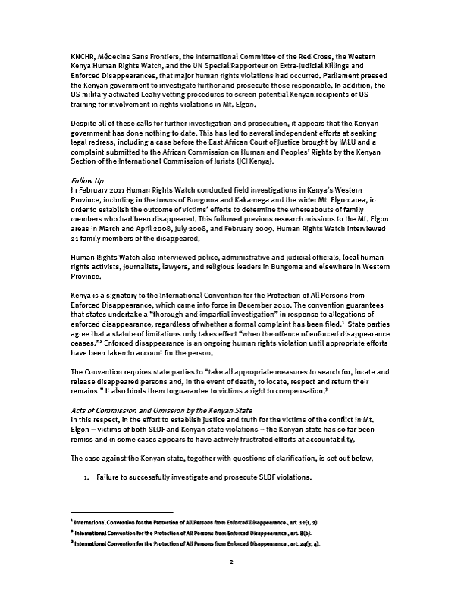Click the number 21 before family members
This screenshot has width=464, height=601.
pos(74,238)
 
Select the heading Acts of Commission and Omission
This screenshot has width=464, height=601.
pos(145,410)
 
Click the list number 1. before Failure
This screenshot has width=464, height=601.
pos(87,478)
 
